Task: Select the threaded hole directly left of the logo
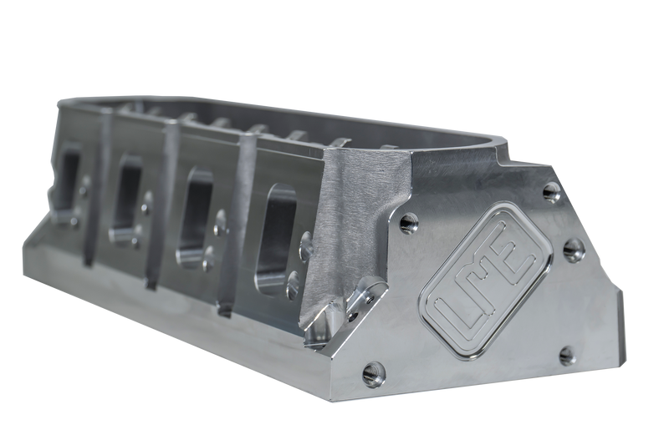coord(409,221)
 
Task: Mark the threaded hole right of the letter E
coord(573,248)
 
